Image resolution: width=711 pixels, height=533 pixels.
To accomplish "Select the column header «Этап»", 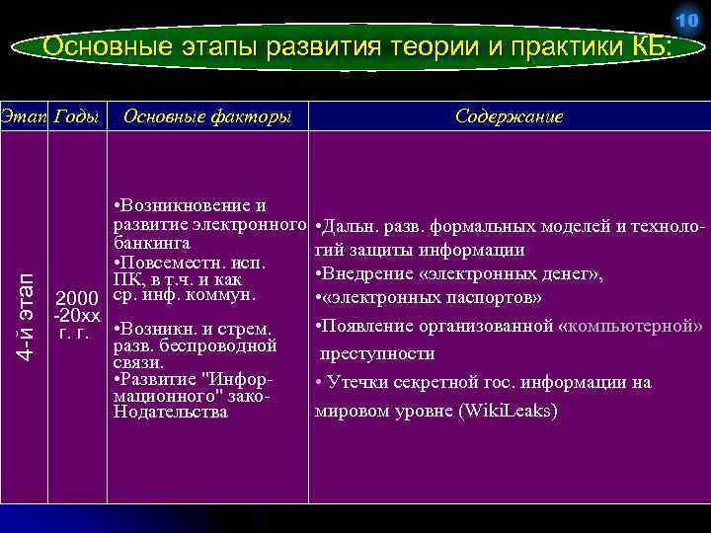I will coord(22,116).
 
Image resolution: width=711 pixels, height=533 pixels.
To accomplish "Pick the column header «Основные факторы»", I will coord(206,116).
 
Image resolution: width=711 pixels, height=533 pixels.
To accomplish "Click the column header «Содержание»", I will coord(510,116).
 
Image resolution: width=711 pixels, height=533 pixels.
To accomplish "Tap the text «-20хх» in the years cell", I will coord(77,316).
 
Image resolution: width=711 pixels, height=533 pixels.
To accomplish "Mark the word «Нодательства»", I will coord(172,412).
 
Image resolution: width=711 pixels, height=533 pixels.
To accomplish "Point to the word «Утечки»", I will coord(357,382).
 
